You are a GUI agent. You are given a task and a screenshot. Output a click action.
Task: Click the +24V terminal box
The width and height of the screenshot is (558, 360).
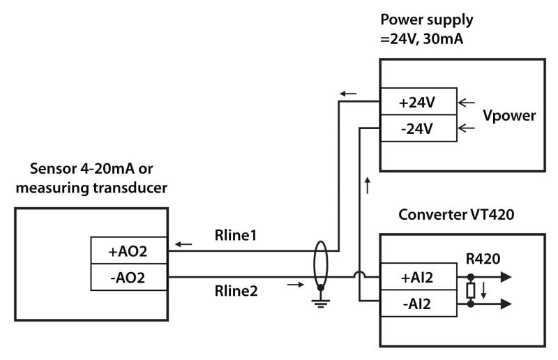point(417,102)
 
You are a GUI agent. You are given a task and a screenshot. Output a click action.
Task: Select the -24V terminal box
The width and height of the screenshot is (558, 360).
point(417,128)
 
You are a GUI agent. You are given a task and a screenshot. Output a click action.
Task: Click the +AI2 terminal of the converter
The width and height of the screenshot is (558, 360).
point(417,278)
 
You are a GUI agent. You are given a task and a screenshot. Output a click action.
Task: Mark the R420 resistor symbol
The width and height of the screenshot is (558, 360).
point(471,290)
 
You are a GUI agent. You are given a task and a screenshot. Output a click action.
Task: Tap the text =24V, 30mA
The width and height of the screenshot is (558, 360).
point(421,39)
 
